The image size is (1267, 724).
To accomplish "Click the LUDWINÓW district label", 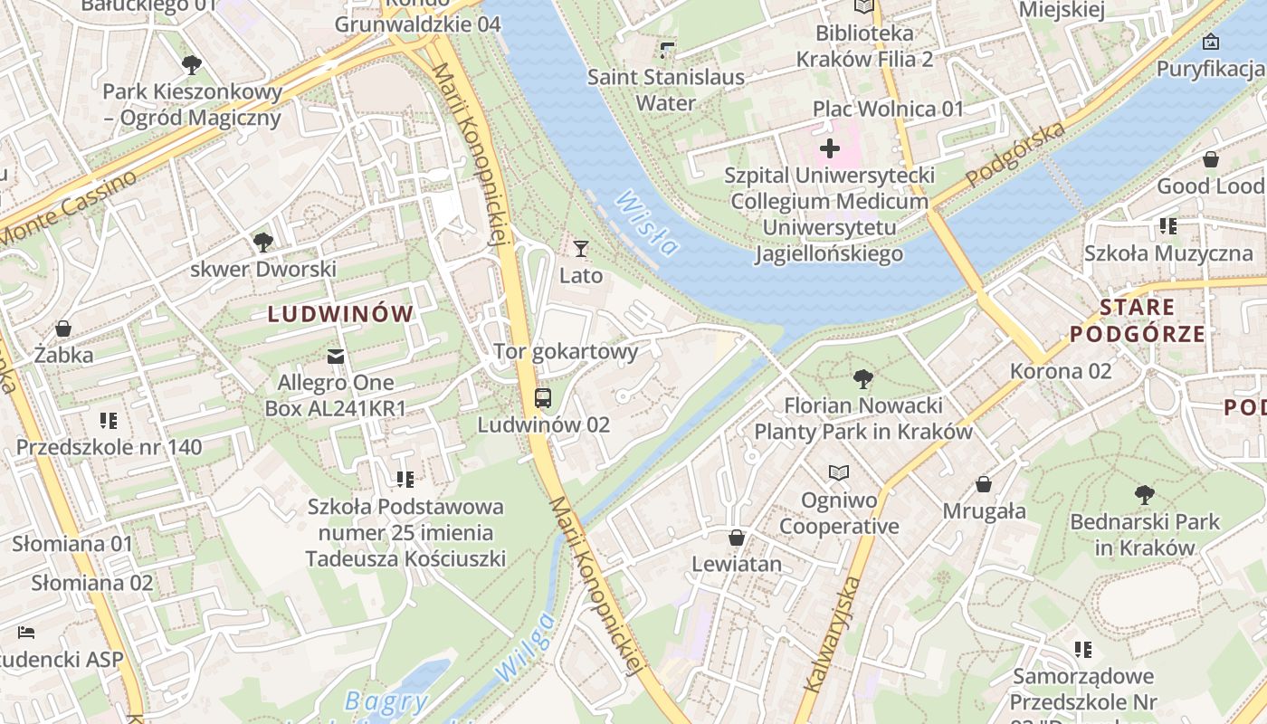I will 340,314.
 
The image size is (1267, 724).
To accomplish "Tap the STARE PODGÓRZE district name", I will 1138,320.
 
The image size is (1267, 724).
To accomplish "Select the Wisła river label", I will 649,224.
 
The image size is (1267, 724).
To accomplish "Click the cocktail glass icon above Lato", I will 581,248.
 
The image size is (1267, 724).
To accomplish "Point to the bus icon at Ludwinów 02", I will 543,397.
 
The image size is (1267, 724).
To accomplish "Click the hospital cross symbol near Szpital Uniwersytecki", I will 829,148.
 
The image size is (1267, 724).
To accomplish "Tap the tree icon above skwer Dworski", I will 263,242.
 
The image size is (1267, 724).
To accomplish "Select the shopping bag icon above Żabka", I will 63,328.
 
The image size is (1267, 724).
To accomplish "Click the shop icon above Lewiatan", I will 737,538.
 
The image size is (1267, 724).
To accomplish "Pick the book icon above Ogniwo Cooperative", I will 839,472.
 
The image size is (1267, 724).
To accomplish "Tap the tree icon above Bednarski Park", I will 1144,495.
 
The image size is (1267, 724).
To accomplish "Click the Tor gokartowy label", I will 566,351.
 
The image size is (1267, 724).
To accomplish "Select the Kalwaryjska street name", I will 831,633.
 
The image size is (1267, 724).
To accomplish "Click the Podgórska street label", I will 1015,156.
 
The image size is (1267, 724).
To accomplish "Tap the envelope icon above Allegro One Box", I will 336,356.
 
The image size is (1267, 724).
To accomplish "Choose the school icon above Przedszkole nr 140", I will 109,420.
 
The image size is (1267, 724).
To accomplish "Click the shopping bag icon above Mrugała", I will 984,484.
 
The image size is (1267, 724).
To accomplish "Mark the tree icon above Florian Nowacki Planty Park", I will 863,378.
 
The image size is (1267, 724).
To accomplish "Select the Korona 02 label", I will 1060,371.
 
